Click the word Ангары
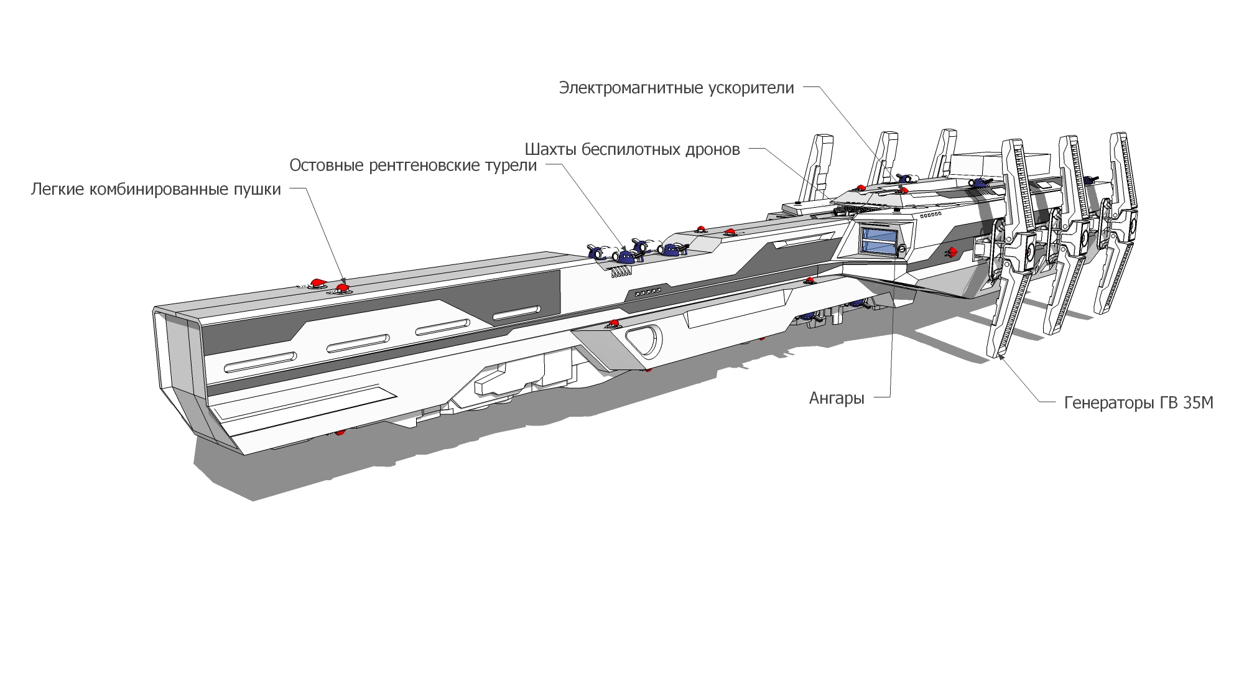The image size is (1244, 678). pyautogui.click(x=837, y=399)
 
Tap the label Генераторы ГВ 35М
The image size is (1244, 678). pyautogui.click(x=1139, y=403)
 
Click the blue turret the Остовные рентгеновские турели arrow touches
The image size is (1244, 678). pyautogui.click(x=626, y=255)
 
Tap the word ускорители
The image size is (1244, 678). pyautogui.click(x=751, y=88)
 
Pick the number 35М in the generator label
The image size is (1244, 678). pyautogui.click(x=1198, y=403)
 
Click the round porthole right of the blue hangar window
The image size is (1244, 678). pyautogui.click(x=903, y=249)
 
